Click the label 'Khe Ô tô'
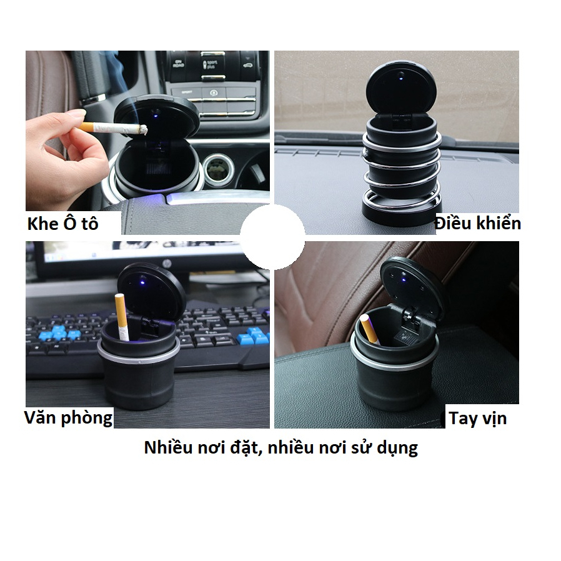click(x=62, y=224)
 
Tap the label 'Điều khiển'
click(x=478, y=223)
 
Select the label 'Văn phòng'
click(x=68, y=417)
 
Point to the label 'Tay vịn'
click(x=478, y=418)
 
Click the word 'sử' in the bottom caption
click(x=355, y=447)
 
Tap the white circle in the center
click(x=273, y=237)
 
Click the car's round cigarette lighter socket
click(x=219, y=169)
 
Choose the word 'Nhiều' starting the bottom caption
click(x=168, y=447)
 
